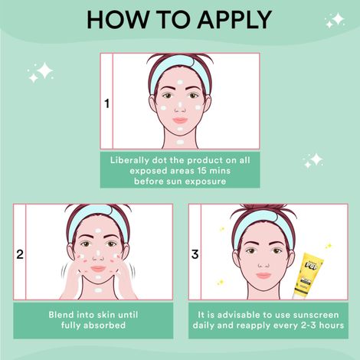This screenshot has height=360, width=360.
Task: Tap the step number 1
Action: (x=106, y=102)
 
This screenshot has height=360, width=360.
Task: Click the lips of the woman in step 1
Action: (x=179, y=120)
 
